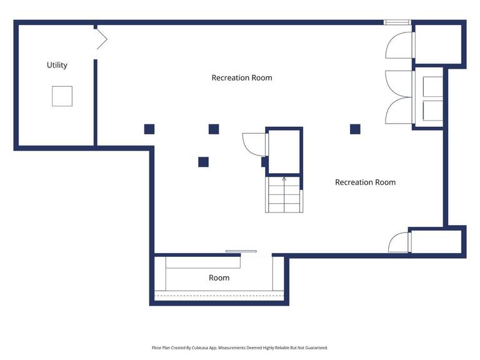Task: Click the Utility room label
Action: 57,65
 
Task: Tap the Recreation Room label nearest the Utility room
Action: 242,77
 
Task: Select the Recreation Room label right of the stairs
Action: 365,182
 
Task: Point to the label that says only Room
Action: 219,278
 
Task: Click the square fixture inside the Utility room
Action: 62,96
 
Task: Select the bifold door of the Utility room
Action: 102,39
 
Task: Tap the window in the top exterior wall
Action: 397,22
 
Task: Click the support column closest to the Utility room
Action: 149,129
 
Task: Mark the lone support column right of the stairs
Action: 355,129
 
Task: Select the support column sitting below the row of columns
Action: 203,162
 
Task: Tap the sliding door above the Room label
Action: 241,251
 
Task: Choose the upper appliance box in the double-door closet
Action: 433,86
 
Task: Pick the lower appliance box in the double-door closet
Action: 433,111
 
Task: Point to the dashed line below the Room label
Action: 219,296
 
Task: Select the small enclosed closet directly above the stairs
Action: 284,152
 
